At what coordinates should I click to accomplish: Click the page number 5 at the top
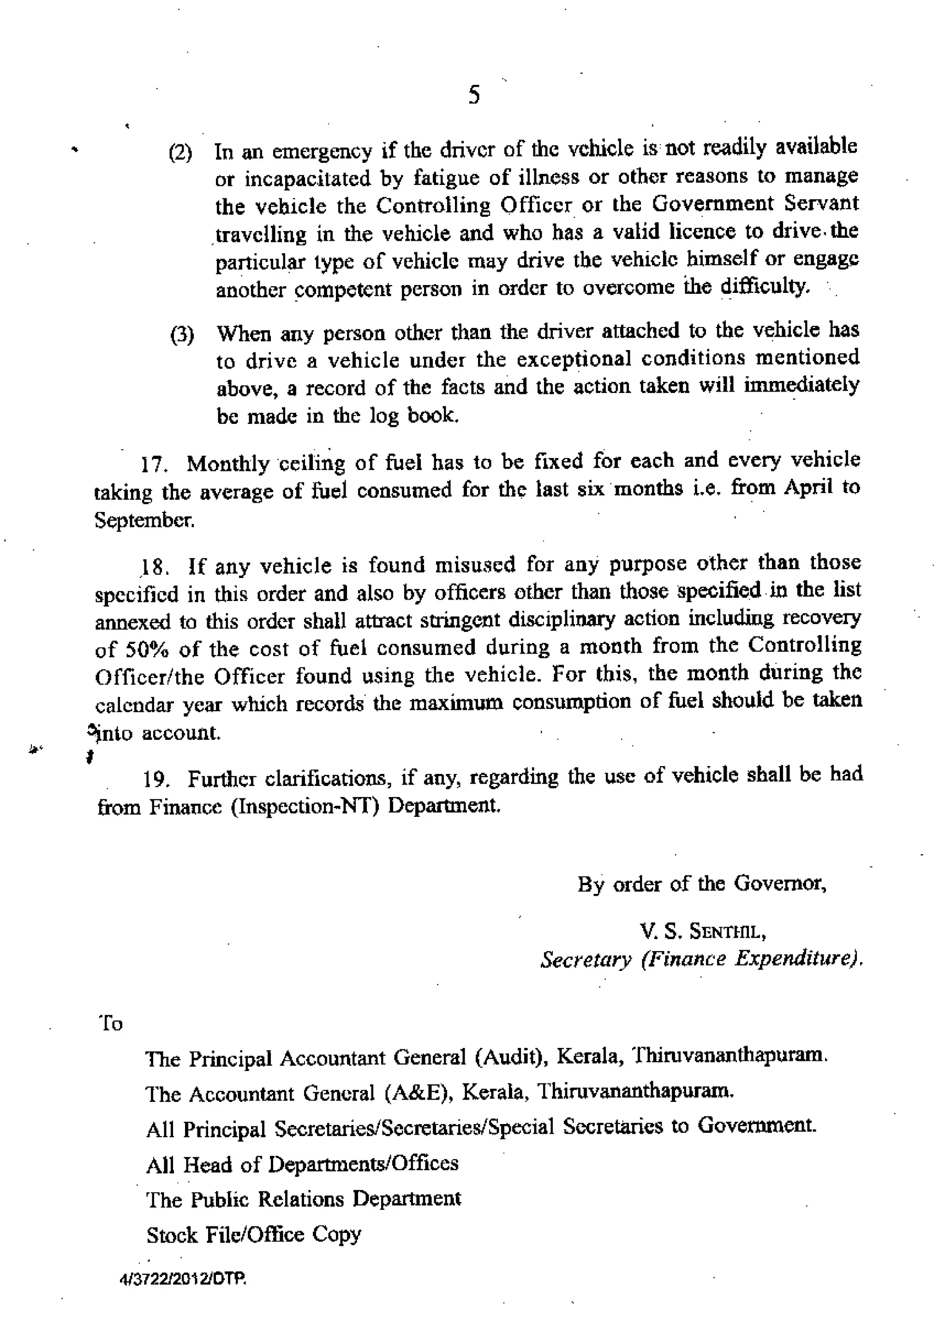tap(474, 94)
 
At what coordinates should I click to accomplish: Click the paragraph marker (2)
tap(180, 153)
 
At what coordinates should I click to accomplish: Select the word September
tap(144, 519)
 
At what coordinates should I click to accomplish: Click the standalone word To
tap(111, 1023)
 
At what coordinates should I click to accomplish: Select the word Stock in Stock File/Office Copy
tap(172, 1234)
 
